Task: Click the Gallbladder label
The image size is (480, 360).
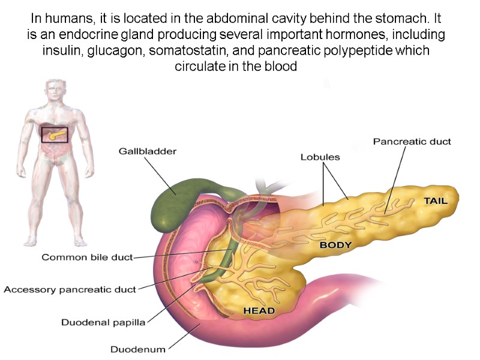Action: click(147, 152)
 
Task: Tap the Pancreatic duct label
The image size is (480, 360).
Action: click(412, 142)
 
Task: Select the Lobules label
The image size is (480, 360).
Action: click(320, 157)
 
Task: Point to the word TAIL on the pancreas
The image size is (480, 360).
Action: click(436, 201)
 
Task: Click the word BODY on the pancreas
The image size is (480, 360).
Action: click(335, 245)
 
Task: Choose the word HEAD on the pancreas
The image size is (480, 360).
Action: click(259, 311)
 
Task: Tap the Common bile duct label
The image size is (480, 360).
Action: click(86, 257)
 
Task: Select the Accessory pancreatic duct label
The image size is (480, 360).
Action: click(70, 289)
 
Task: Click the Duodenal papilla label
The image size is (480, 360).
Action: click(103, 322)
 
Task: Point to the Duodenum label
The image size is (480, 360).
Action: click(138, 349)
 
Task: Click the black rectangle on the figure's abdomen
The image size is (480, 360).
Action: click(55, 134)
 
